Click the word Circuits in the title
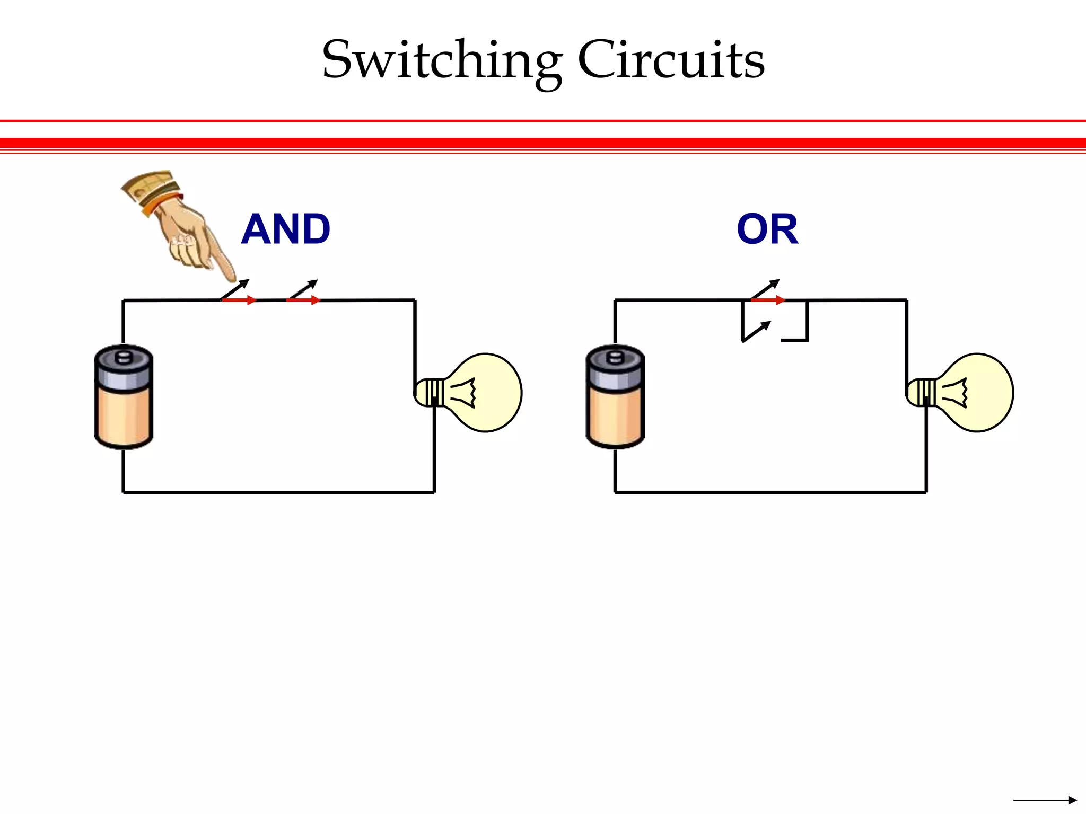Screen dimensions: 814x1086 point(671,61)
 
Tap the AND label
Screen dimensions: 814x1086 point(286,229)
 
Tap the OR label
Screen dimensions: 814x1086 point(767,229)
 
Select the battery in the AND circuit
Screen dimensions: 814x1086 point(124,397)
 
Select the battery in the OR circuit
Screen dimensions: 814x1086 point(615,397)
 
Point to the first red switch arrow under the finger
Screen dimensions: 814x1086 point(239,300)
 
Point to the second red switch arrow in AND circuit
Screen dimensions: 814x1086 point(304,300)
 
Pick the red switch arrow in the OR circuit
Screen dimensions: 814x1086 point(768,300)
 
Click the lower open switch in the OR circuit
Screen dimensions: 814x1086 point(756,332)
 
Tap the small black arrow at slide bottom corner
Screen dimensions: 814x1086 point(1045,800)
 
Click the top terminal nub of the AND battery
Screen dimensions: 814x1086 point(123,355)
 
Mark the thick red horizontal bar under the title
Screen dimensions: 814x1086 point(543,143)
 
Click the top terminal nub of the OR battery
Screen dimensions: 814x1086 point(615,355)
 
